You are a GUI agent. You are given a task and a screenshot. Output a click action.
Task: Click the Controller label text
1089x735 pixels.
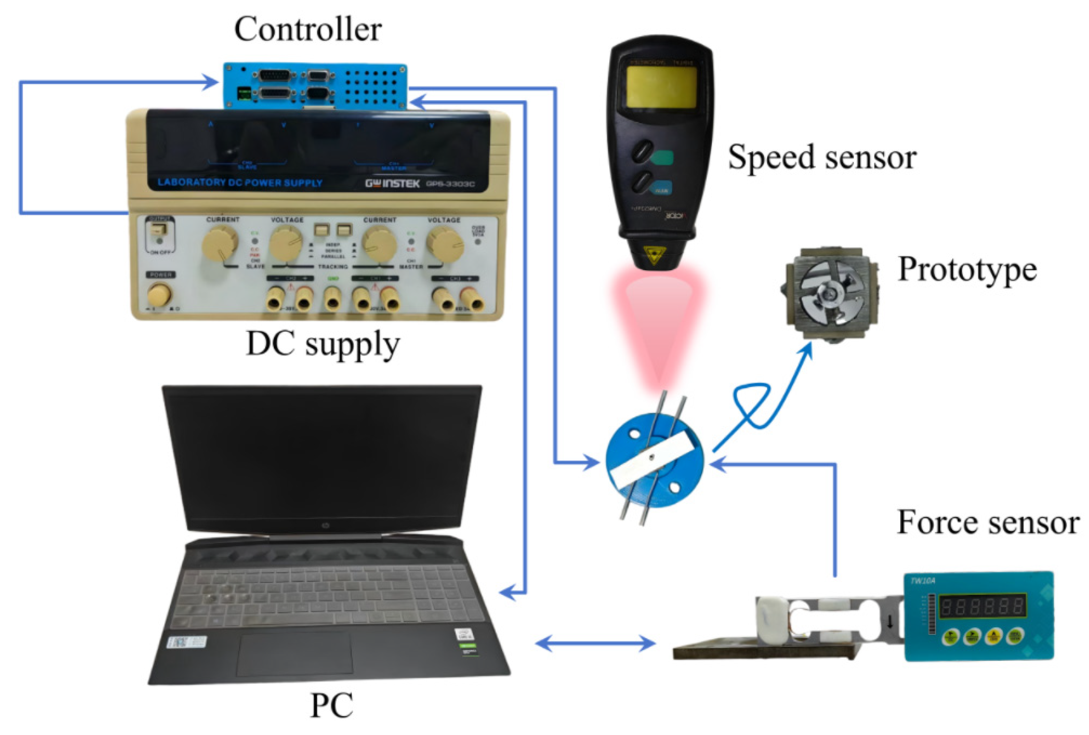pyautogui.click(x=307, y=30)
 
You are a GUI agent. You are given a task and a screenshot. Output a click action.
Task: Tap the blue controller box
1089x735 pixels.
pyautogui.click(x=315, y=85)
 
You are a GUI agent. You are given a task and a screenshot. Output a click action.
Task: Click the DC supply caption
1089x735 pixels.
pyautogui.click(x=322, y=344)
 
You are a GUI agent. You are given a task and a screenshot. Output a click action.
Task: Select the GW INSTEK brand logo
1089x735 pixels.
pyautogui.click(x=392, y=184)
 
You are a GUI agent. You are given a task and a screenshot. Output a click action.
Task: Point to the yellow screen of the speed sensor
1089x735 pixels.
pyautogui.click(x=662, y=87)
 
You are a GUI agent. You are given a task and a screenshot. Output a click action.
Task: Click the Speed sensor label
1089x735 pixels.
pyautogui.click(x=822, y=158)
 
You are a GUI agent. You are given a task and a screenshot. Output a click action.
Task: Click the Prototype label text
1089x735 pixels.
pyautogui.click(x=967, y=270)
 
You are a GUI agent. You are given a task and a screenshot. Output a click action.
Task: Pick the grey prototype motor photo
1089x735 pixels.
pyautogui.click(x=830, y=294)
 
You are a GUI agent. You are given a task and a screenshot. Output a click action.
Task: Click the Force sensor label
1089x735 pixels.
pyautogui.click(x=987, y=523)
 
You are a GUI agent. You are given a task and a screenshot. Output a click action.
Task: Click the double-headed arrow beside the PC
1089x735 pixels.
pyautogui.click(x=595, y=644)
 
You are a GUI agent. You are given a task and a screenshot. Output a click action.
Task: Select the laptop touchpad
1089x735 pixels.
pyautogui.click(x=295, y=653)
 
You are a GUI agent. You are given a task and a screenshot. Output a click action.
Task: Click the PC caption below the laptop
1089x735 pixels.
pyautogui.click(x=331, y=705)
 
